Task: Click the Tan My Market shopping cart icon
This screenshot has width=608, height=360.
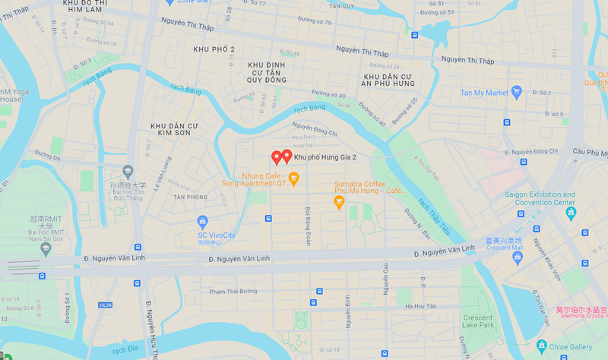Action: (x=517, y=93)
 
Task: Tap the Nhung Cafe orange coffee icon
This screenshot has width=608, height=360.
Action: (x=294, y=178)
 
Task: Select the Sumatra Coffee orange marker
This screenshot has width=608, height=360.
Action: (x=340, y=201)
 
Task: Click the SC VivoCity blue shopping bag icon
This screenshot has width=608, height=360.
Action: (x=202, y=222)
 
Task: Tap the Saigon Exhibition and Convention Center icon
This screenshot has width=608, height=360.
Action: (x=571, y=213)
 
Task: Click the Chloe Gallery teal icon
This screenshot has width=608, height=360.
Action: (x=541, y=346)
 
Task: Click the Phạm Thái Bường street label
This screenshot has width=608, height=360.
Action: (x=234, y=292)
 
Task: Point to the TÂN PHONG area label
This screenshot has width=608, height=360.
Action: (x=190, y=197)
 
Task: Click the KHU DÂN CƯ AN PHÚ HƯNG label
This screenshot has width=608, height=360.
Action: (x=388, y=81)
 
